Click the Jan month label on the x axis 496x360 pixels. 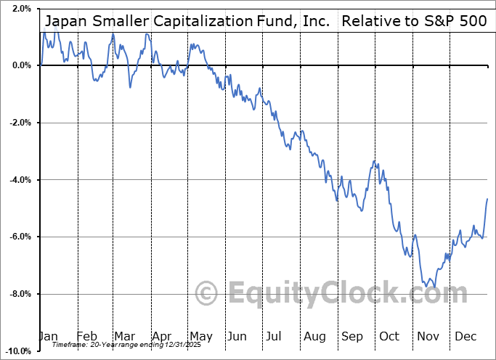pyautogui.click(x=48, y=336)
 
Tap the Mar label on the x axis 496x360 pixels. pyautogui.click(x=124, y=336)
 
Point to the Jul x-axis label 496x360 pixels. pyautogui.click(x=275, y=336)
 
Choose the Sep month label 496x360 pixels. pyautogui.click(x=351, y=336)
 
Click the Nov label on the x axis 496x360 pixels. pyautogui.click(x=428, y=336)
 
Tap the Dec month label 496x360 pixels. pyautogui.click(x=466, y=336)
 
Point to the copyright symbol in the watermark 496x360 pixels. pyautogui.click(x=208, y=294)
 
